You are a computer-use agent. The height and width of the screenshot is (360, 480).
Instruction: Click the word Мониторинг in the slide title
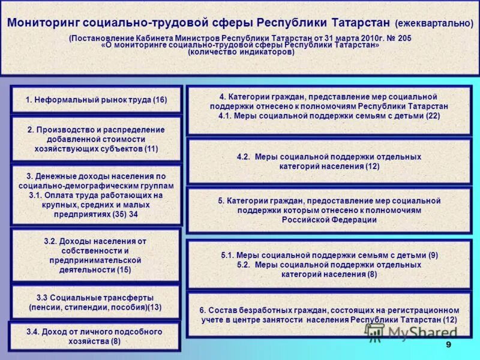(x=43, y=23)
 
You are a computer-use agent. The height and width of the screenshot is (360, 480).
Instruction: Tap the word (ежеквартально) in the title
(x=433, y=24)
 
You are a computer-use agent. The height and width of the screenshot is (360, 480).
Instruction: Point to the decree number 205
(x=404, y=38)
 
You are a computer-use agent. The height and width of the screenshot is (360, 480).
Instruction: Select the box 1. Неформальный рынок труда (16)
(x=96, y=100)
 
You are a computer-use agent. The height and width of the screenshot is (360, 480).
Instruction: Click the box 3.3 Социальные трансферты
(x=95, y=302)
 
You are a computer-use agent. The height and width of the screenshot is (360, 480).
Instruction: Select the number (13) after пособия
(x=154, y=307)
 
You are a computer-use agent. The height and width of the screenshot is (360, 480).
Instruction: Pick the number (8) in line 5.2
(x=372, y=274)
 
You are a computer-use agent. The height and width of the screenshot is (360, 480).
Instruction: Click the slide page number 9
(x=448, y=344)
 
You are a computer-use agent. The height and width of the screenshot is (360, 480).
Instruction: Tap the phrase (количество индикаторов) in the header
(x=241, y=52)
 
